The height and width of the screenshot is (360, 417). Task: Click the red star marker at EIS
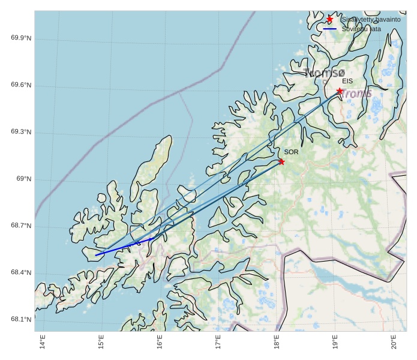340,91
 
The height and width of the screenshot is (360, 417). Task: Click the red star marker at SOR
281,161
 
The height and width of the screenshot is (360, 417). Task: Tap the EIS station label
347,81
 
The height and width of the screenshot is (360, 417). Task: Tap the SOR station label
291,152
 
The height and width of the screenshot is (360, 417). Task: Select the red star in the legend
329,19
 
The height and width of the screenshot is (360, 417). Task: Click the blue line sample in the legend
329,29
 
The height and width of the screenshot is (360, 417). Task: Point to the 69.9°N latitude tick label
21,38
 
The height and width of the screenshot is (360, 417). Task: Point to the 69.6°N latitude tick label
21,85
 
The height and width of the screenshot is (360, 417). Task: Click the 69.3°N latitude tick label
21,132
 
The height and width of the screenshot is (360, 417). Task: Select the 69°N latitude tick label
23,179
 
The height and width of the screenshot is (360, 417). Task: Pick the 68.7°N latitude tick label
21,226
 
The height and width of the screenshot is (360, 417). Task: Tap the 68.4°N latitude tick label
21,273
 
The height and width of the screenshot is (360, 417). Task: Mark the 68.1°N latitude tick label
21,319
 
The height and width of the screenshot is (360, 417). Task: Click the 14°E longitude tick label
43,343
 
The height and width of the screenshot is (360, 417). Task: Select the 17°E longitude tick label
218,343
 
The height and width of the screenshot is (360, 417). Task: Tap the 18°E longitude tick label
277,343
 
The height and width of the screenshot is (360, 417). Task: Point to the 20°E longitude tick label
394,343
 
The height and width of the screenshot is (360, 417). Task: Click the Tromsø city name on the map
325,73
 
